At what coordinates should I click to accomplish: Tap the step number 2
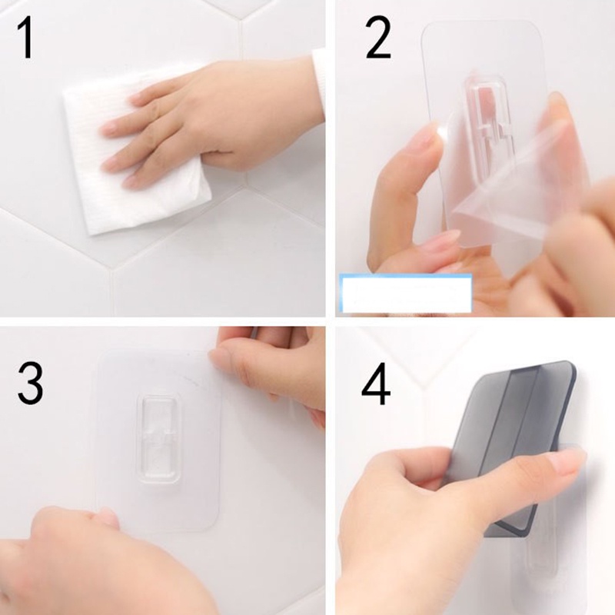pos(377,38)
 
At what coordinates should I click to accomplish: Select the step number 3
pos(30,384)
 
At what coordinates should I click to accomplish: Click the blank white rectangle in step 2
pos(406,294)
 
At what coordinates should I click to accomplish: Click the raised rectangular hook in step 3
pos(159,440)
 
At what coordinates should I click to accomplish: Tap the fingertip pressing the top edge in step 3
pos(218,357)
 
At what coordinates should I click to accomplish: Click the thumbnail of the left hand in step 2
pos(434,133)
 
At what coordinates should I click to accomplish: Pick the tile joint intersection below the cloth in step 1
pos(111,271)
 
